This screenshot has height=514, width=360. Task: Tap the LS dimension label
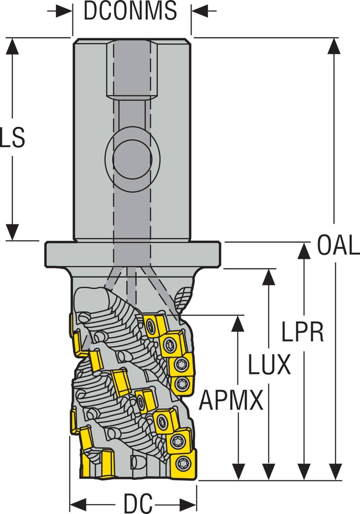point(12,138)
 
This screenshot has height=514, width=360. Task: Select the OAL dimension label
point(338,246)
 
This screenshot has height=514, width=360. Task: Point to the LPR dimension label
point(302,331)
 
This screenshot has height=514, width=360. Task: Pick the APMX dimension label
point(231,401)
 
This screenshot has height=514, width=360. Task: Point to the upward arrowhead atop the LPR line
point(304,251)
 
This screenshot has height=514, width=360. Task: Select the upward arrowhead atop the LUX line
point(269,277)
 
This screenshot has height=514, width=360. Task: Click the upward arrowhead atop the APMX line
point(237,324)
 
